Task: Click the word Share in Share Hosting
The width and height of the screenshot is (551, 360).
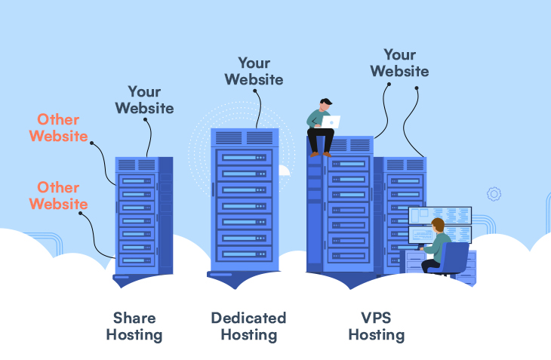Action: (x=134, y=317)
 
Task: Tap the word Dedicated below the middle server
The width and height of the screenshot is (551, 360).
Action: (x=248, y=317)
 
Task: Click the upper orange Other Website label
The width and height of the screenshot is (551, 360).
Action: (x=59, y=128)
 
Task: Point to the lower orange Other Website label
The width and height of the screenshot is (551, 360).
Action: (x=58, y=195)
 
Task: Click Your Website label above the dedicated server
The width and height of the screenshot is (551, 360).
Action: (x=254, y=70)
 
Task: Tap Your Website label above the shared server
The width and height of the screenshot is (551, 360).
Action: (x=144, y=100)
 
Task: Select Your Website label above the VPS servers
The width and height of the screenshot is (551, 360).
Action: (x=399, y=63)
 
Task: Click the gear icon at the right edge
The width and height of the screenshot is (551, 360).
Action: (x=494, y=194)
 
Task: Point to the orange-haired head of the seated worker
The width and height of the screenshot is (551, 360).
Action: (x=438, y=224)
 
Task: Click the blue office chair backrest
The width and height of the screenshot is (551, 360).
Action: (x=454, y=257)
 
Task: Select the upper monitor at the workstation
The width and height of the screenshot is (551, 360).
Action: (x=439, y=215)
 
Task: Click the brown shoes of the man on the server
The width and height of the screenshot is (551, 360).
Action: (x=320, y=154)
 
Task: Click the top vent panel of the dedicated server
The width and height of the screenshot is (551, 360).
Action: (x=245, y=137)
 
